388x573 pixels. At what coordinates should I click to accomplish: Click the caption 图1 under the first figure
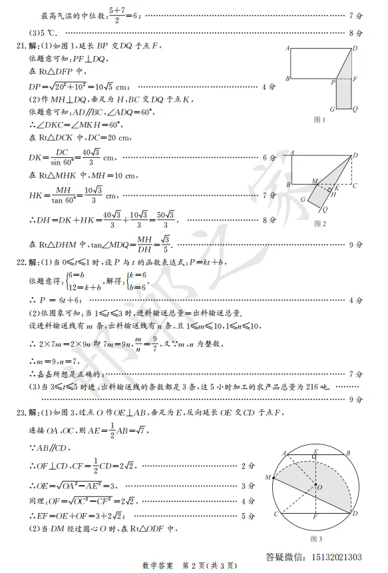(319, 120)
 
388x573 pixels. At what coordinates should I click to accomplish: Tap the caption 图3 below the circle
(317, 538)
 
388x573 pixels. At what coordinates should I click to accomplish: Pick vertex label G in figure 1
(332, 109)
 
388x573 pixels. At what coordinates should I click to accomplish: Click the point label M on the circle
(268, 477)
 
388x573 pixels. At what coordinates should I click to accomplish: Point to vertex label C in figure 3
(275, 514)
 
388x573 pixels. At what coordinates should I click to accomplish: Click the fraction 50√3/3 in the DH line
(167, 219)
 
